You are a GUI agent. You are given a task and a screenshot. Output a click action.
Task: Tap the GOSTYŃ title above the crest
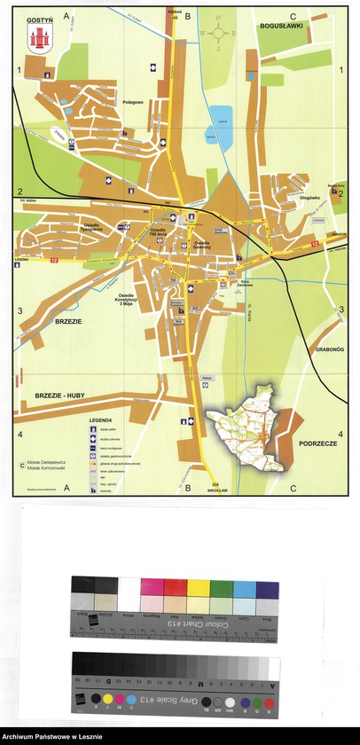(x=39, y=18)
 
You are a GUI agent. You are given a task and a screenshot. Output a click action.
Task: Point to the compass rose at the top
(x=219, y=32)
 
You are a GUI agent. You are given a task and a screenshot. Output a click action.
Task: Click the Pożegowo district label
(x=133, y=103)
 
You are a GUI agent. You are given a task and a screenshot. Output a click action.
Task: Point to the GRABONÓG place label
(x=326, y=349)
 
